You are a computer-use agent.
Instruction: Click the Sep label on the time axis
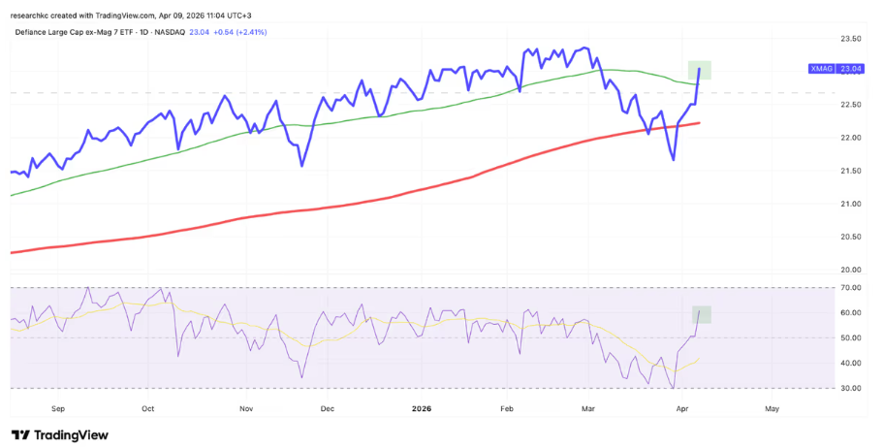pyautogui.click(x=57, y=409)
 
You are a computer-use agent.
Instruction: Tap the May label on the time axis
pyautogui.click(x=772, y=409)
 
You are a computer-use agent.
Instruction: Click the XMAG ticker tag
pyautogui.click(x=820, y=69)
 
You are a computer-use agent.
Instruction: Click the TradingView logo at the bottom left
pyautogui.click(x=60, y=435)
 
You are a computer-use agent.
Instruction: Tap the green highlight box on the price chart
pyautogui.click(x=701, y=70)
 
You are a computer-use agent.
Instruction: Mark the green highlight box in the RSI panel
pyautogui.click(x=702, y=314)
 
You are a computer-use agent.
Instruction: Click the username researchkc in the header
pyautogui.click(x=38, y=15)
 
